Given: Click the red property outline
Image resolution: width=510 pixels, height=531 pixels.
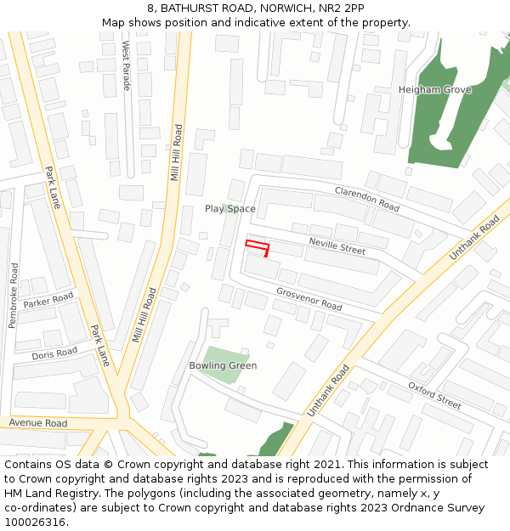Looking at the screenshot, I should click(258, 247).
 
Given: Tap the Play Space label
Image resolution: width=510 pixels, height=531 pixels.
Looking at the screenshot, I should click(229, 209).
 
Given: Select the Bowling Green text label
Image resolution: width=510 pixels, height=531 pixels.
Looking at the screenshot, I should click(223, 366).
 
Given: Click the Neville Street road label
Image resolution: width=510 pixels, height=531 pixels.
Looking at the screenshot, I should click(337, 246).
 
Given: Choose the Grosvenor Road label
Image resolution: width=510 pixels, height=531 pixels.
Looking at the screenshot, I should click(309, 299).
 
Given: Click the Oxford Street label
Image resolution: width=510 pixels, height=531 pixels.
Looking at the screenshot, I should click(434, 395).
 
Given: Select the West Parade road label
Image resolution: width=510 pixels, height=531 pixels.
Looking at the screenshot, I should click(127, 65).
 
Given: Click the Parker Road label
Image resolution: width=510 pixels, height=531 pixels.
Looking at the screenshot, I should click(48, 301).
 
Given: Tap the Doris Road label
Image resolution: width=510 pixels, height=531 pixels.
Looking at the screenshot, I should click(54, 353).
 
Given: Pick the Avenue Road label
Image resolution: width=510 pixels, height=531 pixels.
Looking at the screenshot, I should click(38, 423).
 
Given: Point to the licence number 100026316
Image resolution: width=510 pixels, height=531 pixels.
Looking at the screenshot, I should click(35, 522).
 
